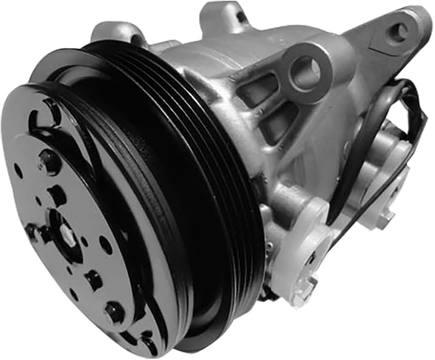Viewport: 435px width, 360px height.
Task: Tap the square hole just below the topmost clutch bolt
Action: click(x=58, y=195)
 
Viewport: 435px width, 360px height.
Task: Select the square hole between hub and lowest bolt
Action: click(x=93, y=280)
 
